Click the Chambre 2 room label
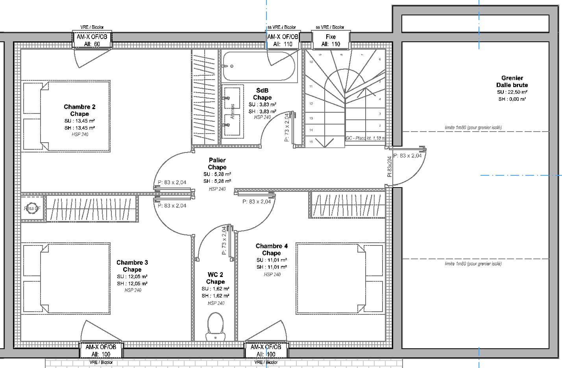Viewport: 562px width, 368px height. point(79,110)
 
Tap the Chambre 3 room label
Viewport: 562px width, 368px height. point(132,266)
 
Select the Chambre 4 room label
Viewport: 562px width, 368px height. point(272,249)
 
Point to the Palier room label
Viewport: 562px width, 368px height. point(217,164)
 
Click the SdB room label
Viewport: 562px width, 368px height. point(262,94)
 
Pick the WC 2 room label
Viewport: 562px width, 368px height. point(215,278)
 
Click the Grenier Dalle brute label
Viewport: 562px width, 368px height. point(512,82)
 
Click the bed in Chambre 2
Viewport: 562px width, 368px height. point(66,116)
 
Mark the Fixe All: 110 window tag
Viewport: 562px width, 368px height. point(331,40)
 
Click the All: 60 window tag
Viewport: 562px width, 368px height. point(92,40)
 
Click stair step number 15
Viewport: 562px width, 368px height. point(311,142)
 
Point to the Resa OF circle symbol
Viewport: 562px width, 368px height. point(32,208)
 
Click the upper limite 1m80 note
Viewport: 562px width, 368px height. point(473,128)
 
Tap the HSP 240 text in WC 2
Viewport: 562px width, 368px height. point(216,303)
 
